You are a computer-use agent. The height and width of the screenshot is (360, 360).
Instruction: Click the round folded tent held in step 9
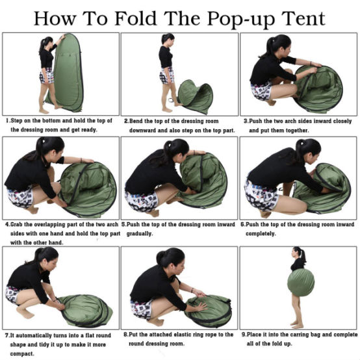(301, 283)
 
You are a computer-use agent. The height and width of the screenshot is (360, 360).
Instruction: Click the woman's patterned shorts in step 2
(166, 76)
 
